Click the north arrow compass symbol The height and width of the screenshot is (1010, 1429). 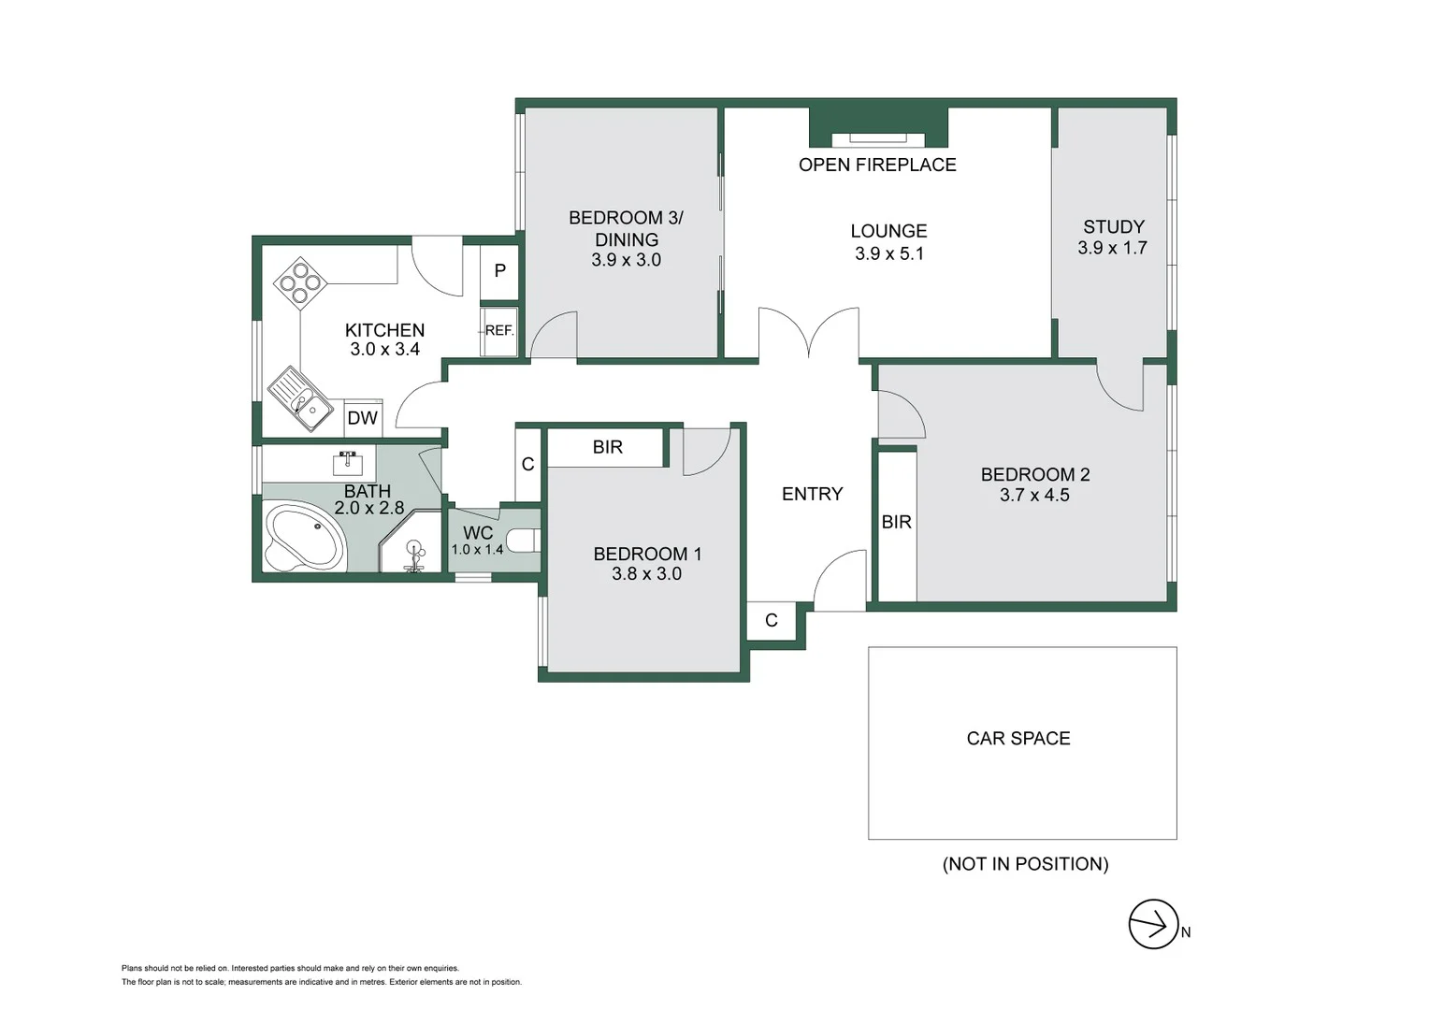[x=1153, y=924]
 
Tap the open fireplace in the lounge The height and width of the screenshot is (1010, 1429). [x=878, y=138]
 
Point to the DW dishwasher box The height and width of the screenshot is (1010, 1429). [x=362, y=418]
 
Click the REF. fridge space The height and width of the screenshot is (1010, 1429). [x=498, y=331]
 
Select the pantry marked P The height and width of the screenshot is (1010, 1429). [x=499, y=271]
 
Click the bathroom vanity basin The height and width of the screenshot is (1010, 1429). [x=348, y=463]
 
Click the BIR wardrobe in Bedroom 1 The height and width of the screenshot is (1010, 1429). [x=606, y=447]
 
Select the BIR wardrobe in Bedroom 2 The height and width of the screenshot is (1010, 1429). [x=896, y=523]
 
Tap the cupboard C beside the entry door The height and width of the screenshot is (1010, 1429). [x=771, y=620]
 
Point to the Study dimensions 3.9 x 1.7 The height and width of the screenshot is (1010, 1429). [x=1112, y=249]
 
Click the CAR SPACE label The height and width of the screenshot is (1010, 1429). [x=1018, y=739]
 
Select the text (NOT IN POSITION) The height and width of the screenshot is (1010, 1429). [x=1025, y=864]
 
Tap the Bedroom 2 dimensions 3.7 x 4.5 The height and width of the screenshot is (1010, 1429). [x=1034, y=496]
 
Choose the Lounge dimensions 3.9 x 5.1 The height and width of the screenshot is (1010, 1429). [x=888, y=253]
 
